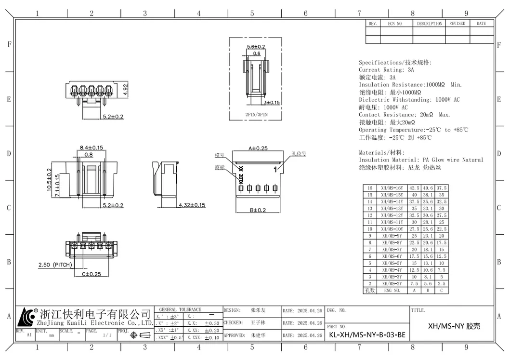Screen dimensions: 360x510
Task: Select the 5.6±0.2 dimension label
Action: click(x=256, y=46)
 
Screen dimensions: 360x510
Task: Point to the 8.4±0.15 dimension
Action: click(x=91, y=147)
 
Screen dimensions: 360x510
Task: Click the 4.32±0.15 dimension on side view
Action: click(x=192, y=205)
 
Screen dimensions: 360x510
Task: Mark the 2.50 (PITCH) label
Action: click(x=55, y=265)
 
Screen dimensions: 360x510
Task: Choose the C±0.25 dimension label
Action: click(x=92, y=274)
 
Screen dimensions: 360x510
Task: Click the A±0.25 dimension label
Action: click(x=258, y=148)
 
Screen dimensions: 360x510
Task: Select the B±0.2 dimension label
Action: click(x=258, y=210)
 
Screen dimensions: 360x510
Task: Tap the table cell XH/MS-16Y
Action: click(x=392, y=188)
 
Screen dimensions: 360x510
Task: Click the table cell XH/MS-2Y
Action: click(x=392, y=284)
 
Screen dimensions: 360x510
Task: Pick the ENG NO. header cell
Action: click(x=392, y=291)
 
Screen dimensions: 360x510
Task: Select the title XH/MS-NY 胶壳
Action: click(x=454, y=326)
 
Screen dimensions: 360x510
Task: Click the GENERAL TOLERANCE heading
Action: click(x=180, y=309)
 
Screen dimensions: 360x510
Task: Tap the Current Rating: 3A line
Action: click(x=386, y=70)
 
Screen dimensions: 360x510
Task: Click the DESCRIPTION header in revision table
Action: click(x=429, y=24)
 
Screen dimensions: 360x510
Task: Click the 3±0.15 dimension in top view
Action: click(x=271, y=103)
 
